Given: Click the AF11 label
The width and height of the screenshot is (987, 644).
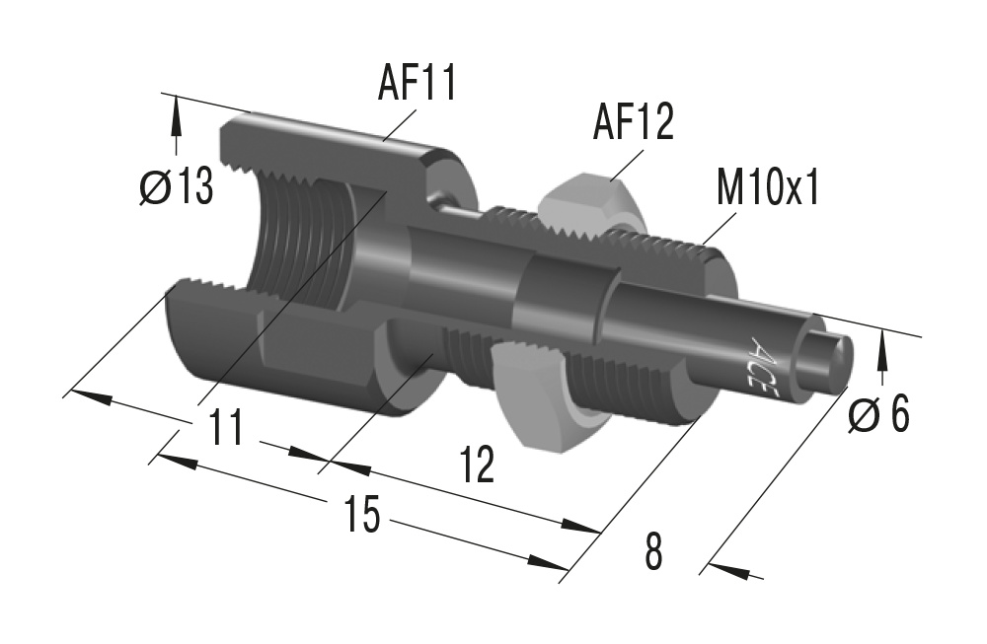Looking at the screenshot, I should [417, 85].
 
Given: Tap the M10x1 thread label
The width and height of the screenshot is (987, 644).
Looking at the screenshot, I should [768, 188].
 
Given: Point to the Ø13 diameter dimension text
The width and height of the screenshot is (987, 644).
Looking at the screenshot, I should [177, 186].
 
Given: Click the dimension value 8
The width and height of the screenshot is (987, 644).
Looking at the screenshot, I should [653, 553].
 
